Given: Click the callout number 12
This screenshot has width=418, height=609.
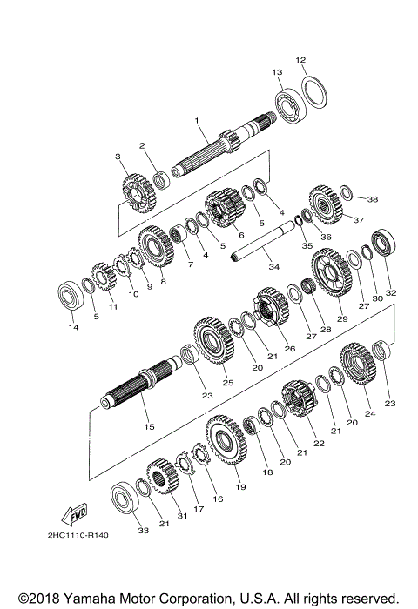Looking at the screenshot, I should (300, 60).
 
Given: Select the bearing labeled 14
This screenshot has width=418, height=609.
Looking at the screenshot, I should (71, 297).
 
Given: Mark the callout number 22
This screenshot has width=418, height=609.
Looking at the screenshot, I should (319, 444).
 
